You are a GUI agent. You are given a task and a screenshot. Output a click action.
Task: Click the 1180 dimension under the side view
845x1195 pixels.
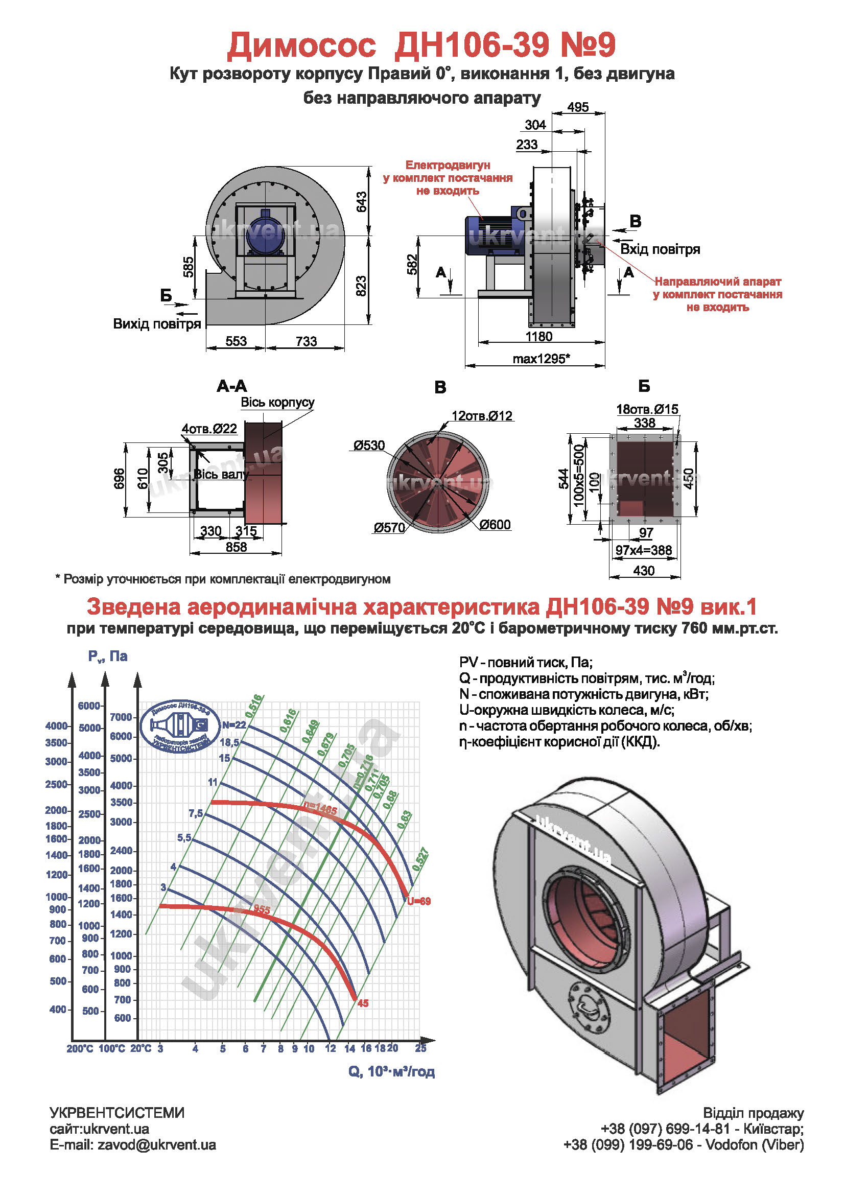pos(538,336)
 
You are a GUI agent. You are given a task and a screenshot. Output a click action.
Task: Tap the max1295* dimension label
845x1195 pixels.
pos(541,359)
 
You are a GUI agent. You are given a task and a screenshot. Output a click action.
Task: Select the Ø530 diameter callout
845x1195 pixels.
pos(369,446)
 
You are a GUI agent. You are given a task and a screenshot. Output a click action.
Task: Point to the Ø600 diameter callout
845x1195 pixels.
pos(495,525)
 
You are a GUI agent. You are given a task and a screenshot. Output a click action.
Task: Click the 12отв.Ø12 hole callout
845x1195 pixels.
pos(482,416)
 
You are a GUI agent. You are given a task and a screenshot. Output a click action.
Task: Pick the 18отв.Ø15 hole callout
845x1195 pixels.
pos(647,409)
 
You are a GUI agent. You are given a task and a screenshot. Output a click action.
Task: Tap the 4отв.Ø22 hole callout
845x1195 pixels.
pos(209,429)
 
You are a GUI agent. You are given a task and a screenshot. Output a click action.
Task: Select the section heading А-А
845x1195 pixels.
pos(231,386)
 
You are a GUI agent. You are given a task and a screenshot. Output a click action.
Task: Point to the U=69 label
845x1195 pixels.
pos(419,901)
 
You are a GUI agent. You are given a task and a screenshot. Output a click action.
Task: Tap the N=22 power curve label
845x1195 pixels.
pos(233,725)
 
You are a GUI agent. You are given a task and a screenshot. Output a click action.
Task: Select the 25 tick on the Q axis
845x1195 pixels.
pos(420,1048)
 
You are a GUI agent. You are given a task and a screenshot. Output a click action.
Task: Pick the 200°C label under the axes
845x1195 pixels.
pos(80,1049)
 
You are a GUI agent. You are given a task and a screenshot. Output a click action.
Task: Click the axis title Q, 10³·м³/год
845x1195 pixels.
pos(391,1072)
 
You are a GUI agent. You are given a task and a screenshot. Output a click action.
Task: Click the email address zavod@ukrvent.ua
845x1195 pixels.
pos(133,1145)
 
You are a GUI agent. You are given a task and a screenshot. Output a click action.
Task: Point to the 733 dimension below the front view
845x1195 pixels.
pos(306,341)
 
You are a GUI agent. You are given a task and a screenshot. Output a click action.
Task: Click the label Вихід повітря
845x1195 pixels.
pos(157,324)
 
